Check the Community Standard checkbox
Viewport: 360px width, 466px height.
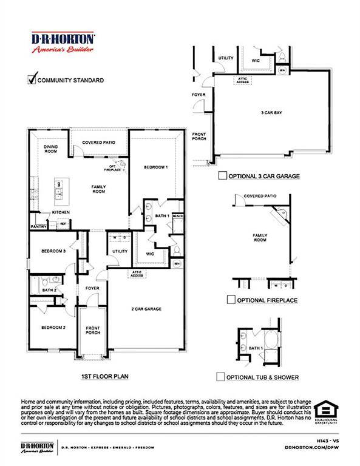pyautogui.click(x=33, y=79)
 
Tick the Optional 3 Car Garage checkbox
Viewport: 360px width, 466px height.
pyautogui.click(x=222, y=176)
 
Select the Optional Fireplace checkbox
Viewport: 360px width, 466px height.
pyautogui.click(x=231, y=300)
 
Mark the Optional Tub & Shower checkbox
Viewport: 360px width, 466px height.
pyautogui.click(x=221, y=377)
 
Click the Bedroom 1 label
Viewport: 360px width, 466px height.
pyautogui.click(x=156, y=167)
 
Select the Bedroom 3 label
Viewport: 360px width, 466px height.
pyautogui.click(x=53, y=251)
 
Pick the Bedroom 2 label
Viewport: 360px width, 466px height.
pyautogui.click(x=53, y=328)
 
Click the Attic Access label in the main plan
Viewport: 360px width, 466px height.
pyautogui.click(x=137, y=274)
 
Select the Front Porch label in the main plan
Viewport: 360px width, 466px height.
pyautogui.click(x=93, y=330)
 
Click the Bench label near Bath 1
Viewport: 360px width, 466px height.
pyautogui.click(x=177, y=216)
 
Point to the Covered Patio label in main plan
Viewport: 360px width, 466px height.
pyautogui.click(x=99, y=143)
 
